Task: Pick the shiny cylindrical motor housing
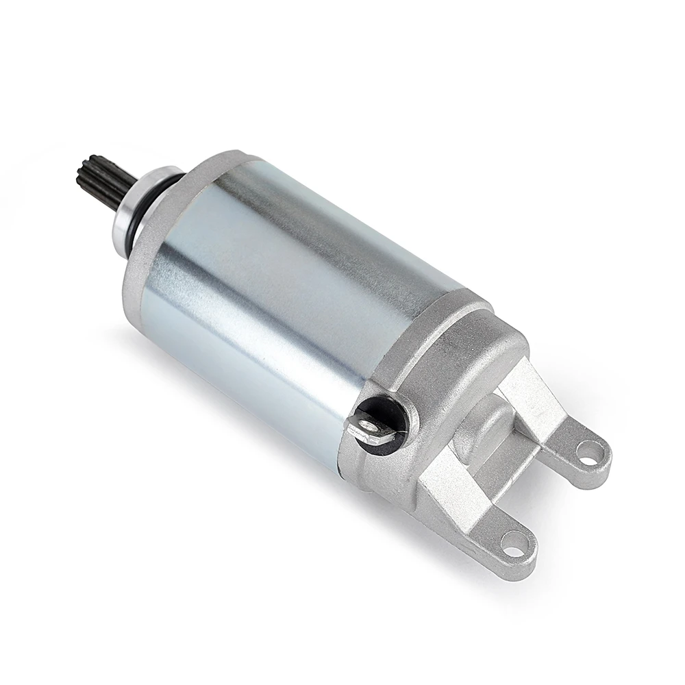click(x=274, y=295)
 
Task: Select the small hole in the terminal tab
click(x=368, y=427)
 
